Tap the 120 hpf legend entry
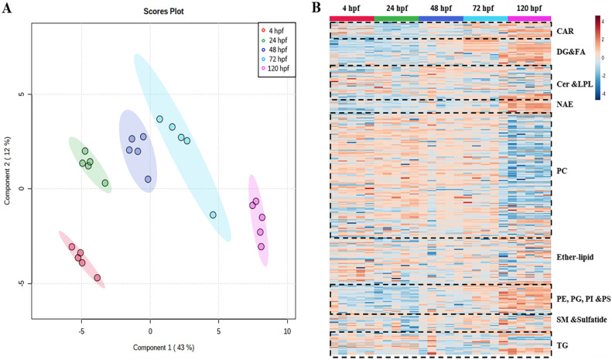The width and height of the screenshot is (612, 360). pos(279,68)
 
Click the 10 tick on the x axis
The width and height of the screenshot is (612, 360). pos(287,326)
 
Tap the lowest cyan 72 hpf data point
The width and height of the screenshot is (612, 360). pos(213,215)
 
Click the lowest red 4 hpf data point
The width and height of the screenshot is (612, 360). pos(97,278)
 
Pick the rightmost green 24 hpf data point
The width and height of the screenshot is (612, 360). pos(105,183)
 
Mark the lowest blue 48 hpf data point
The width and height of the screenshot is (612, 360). pos(149,179)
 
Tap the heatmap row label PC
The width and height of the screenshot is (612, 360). pos(562,170)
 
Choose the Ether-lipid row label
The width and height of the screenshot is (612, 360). pos(575,256)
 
